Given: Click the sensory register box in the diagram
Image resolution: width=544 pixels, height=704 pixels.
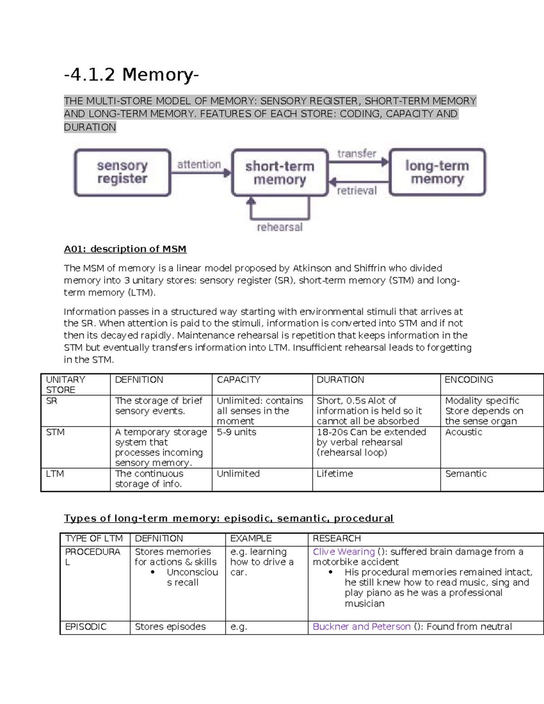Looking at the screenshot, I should pyautogui.click(x=122, y=173).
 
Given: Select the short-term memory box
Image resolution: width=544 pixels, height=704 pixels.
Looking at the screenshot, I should pyautogui.click(x=280, y=173).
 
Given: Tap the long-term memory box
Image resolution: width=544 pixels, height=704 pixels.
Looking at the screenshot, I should pyautogui.click(x=437, y=172).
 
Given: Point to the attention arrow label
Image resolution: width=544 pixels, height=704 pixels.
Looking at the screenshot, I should pyautogui.click(x=199, y=165).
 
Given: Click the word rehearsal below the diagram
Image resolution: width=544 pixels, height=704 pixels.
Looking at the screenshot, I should pyautogui.click(x=280, y=227).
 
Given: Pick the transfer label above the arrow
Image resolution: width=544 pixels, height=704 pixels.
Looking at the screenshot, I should pyautogui.click(x=357, y=154).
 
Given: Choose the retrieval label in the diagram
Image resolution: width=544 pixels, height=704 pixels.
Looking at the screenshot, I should pyautogui.click(x=357, y=191).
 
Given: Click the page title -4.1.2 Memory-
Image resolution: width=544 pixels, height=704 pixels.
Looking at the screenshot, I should pyautogui.click(x=131, y=74).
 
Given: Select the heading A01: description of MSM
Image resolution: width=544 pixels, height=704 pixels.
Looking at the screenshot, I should pyautogui.click(x=125, y=249).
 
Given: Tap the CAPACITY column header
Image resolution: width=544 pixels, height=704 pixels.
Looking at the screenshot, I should pyautogui.click(x=238, y=380).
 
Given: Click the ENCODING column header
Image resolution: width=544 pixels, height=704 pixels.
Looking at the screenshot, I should pyautogui.click(x=469, y=380).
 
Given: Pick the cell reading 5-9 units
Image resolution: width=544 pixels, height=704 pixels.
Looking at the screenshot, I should pyautogui.click(x=236, y=432).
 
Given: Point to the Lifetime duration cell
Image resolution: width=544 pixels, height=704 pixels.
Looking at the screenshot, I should pyautogui.click(x=335, y=474).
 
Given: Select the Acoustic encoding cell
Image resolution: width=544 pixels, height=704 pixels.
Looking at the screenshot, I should pyautogui.click(x=463, y=432).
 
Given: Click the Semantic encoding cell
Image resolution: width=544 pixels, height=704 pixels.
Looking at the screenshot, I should pyautogui.click(x=466, y=474).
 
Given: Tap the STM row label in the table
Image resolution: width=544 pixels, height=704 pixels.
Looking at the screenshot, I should pyautogui.click(x=55, y=432).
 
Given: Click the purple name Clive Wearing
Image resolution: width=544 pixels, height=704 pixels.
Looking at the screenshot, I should pyautogui.click(x=344, y=552).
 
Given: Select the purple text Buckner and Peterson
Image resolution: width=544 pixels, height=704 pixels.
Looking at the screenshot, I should pyautogui.click(x=361, y=626).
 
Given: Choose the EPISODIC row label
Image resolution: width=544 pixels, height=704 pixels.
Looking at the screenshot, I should pyautogui.click(x=86, y=626).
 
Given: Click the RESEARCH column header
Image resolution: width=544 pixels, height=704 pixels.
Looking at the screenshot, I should pyautogui.click(x=336, y=539).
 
